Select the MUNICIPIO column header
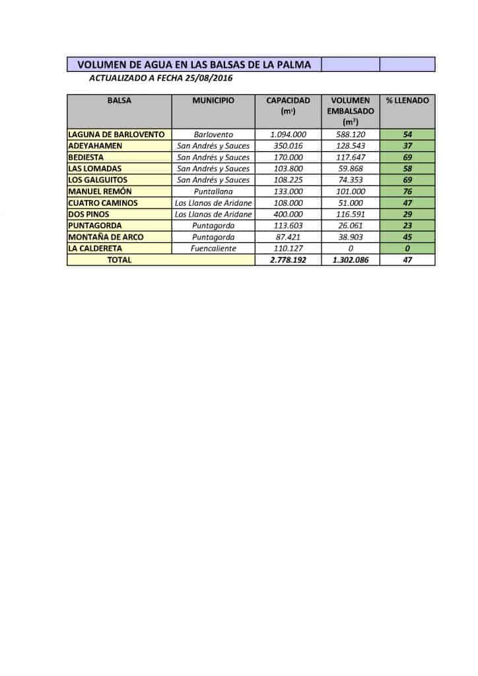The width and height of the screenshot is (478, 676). (213, 101)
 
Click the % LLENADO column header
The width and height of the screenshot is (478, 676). (407, 101)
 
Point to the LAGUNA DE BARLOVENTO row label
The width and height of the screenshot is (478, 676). (117, 134)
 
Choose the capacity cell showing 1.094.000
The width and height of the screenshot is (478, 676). (288, 135)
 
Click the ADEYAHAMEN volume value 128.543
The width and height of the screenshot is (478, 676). (350, 146)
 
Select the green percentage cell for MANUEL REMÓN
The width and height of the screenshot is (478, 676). (407, 191)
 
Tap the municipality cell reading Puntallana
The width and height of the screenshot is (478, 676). (213, 191)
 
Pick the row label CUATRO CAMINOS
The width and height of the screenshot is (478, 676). (103, 203)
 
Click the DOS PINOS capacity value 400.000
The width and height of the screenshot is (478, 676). (288, 215)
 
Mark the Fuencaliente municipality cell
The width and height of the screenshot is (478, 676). (213, 249)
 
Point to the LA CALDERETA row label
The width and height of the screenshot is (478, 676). (95, 249)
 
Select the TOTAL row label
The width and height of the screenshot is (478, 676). (119, 260)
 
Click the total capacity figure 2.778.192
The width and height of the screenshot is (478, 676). (288, 260)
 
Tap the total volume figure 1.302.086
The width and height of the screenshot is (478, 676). (350, 260)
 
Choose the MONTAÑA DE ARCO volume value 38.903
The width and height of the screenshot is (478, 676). (350, 237)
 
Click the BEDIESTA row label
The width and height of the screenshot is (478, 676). (86, 157)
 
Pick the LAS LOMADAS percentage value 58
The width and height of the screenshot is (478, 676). (407, 169)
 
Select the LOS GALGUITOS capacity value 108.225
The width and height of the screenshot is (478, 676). (288, 180)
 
